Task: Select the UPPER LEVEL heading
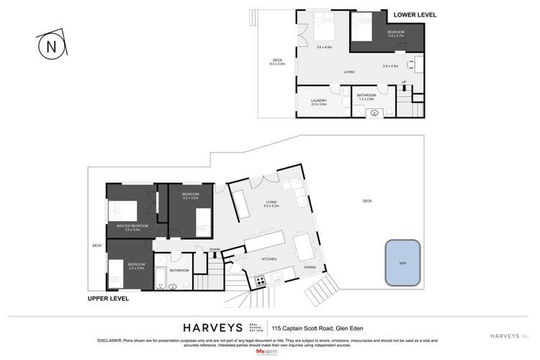[x=109, y=297]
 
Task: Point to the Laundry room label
[x=319, y=102]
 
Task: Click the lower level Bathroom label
[x=366, y=97]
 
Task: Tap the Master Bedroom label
[x=132, y=228]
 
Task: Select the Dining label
[x=310, y=266]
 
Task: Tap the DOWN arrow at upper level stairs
[x=215, y=251]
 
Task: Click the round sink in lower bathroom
[x=374, y=112]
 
